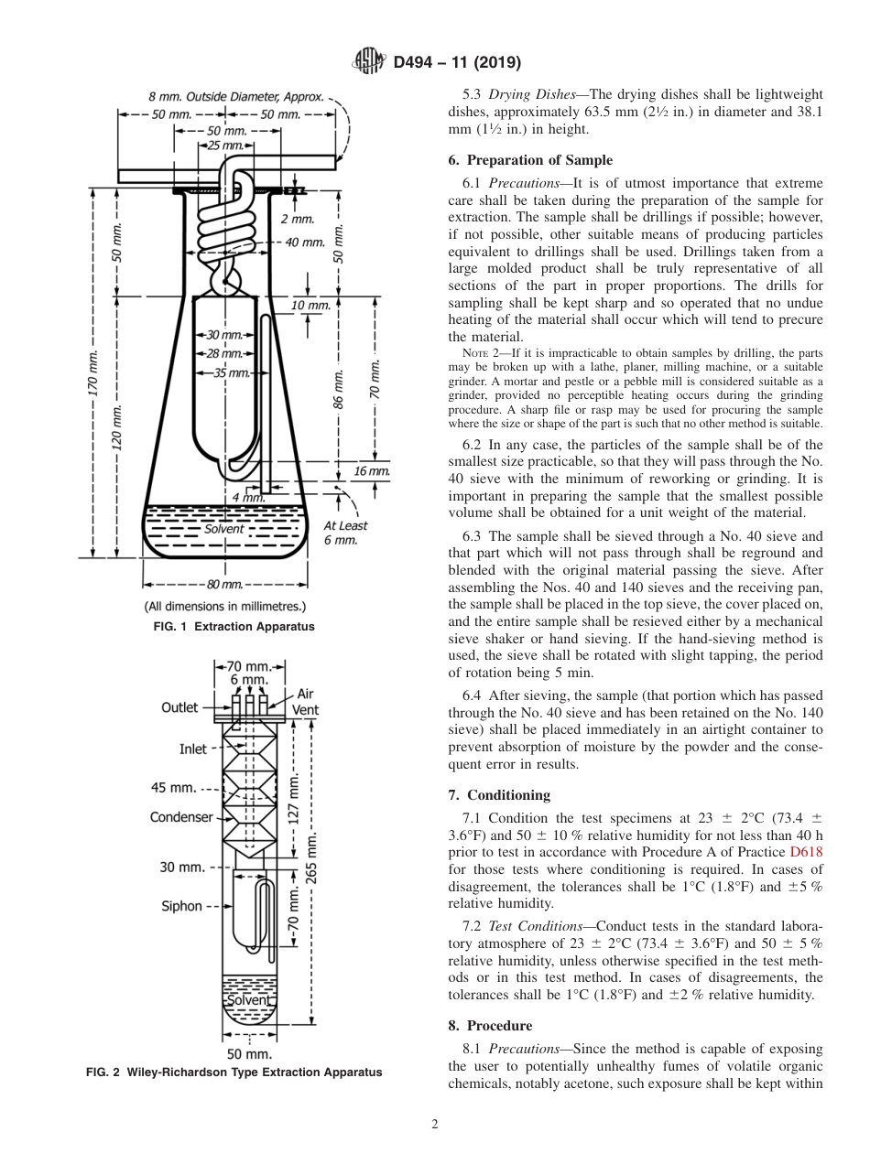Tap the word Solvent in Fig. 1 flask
224,529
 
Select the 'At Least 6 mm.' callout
345,533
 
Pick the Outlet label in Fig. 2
180,707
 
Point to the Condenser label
181,817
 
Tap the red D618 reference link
806,852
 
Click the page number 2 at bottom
435,1125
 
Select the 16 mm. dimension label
371,471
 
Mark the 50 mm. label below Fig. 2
246,1053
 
